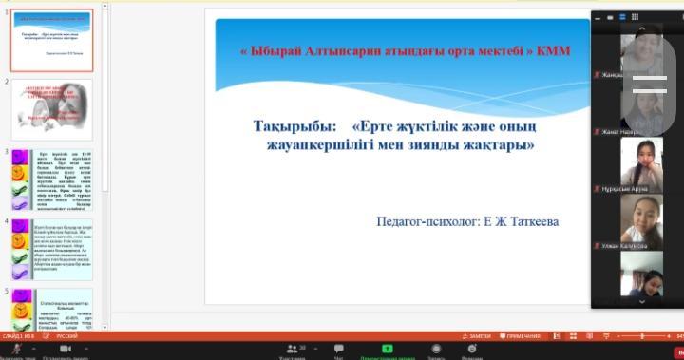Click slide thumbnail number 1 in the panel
[x=51, y=40]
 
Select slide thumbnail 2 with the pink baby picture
[x=51, y=109]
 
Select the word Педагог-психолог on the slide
[x=427, y=221]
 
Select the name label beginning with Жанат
[x=623, y=131]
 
